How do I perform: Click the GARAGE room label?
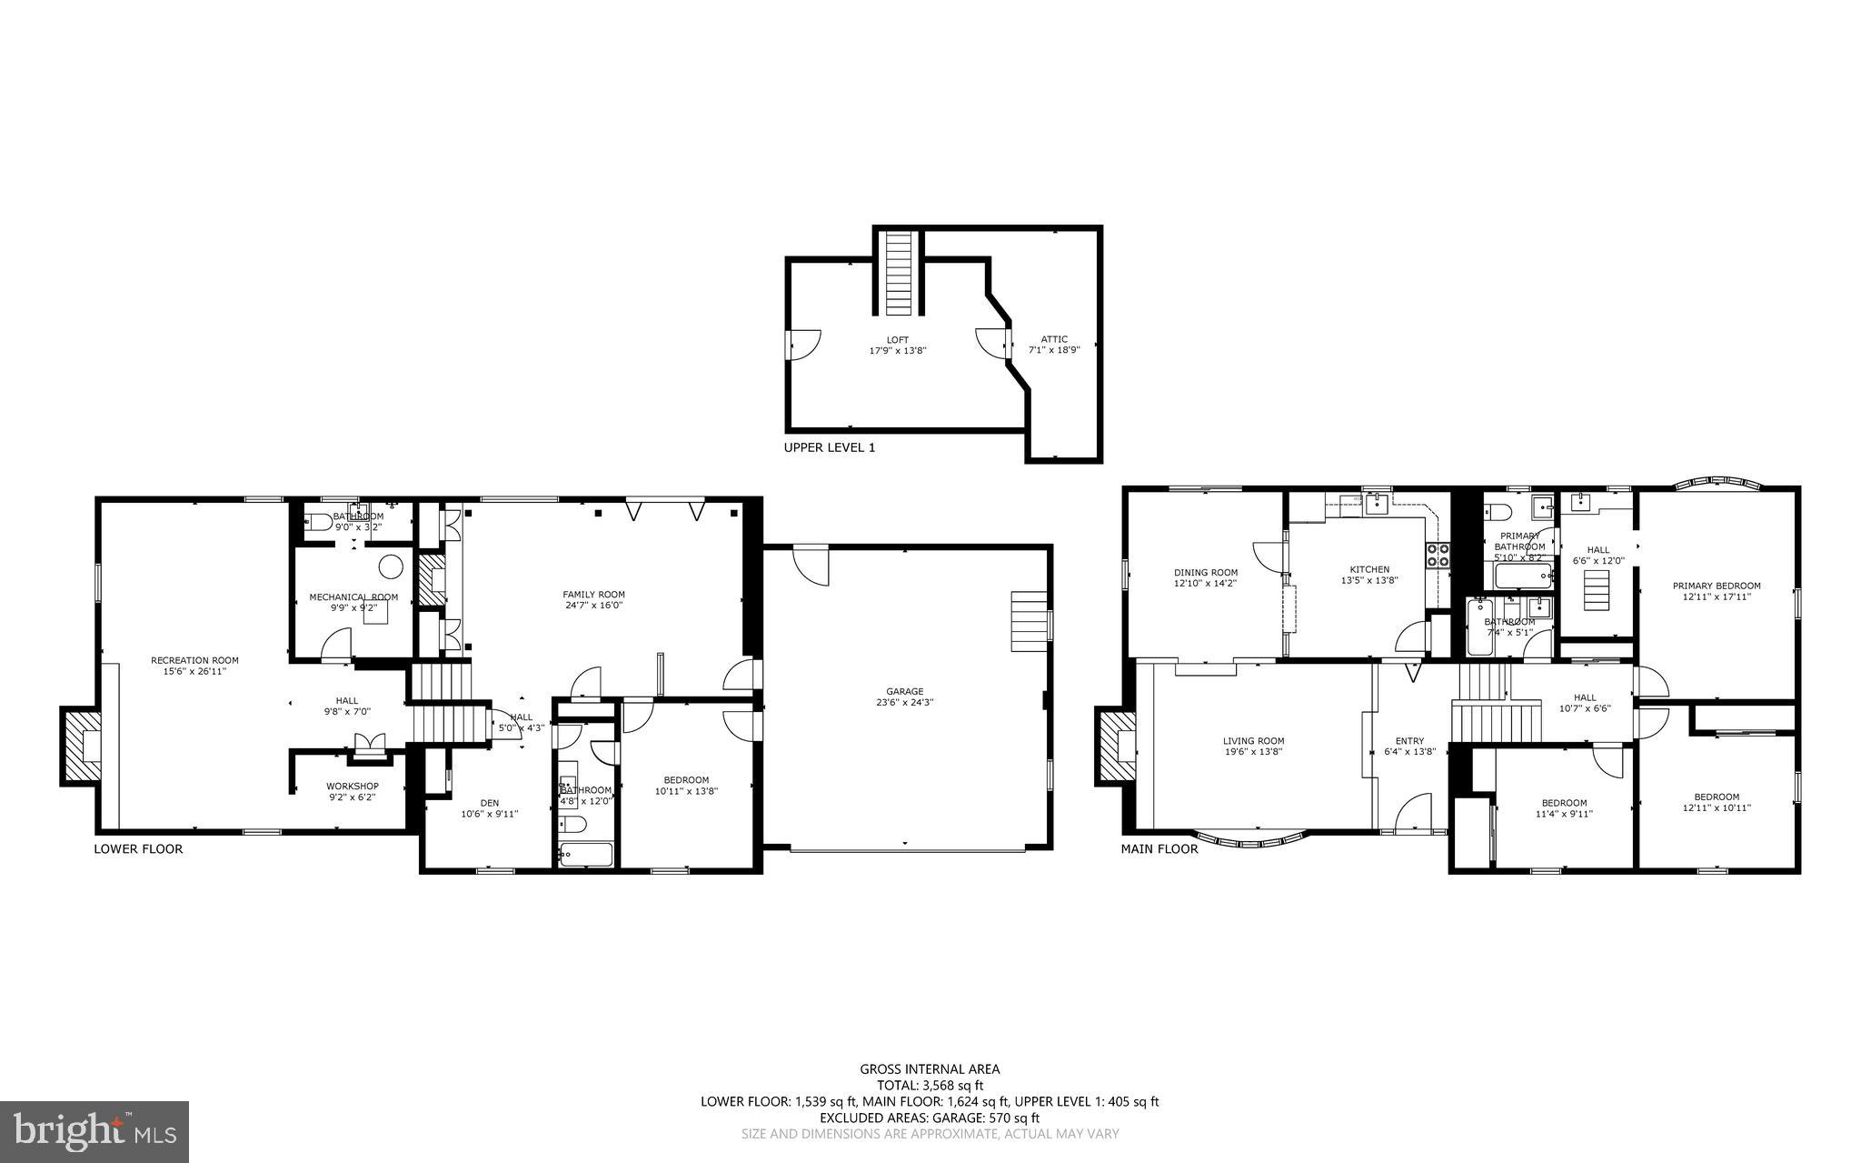(904, 691)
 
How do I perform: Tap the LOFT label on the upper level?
(898, 340)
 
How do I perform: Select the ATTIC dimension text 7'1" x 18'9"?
(1054, 350)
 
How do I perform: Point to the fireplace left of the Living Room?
(1116, 747)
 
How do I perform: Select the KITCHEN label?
(1368, 569)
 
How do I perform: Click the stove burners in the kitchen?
(1438, 555)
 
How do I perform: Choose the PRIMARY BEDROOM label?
(1717, 586)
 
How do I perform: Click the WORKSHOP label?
(353, 786)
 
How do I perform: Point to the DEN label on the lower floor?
(489, 803)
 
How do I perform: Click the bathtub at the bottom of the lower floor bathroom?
(586, 854)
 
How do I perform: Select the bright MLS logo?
(95, 1131)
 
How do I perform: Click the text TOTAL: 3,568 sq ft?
(930, 1085)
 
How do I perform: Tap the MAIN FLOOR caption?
(1159, 849)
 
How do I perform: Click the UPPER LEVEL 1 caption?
(829, 447)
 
